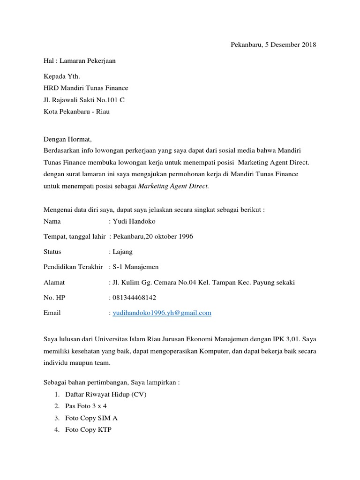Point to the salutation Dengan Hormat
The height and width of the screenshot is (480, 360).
68,139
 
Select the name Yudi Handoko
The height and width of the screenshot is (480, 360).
133,221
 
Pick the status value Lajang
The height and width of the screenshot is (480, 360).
122,252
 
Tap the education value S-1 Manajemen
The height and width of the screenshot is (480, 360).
135,267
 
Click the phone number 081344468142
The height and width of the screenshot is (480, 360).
134,297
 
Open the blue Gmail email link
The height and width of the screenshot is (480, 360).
162,313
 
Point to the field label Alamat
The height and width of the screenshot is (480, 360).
54,282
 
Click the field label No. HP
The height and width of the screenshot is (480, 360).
54,297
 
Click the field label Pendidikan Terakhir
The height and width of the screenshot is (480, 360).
73,267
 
